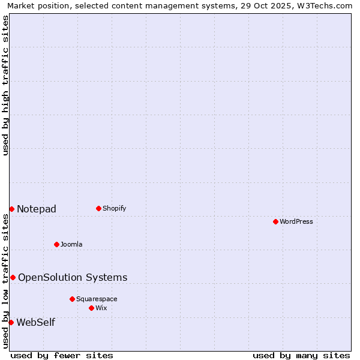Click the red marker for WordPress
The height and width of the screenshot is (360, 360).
[275, 221]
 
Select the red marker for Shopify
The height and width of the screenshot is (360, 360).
[98, 208]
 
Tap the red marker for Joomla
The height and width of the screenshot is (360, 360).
[56, 244]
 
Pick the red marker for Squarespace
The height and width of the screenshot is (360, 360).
[72, 299]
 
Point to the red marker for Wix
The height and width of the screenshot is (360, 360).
[91, 308]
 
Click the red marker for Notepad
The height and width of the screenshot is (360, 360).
[11, 209]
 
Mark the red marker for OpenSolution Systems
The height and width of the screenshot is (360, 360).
[13, 277]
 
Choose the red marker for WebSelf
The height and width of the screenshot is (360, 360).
[11, 322]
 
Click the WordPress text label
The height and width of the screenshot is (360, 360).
[296, 221]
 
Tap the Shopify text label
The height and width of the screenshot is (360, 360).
[115, 208]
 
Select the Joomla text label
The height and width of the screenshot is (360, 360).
[71, 244]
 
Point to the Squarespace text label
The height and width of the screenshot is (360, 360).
[97, 299]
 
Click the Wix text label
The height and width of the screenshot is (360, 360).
[101, 308]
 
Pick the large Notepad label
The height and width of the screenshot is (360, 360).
[37, 209]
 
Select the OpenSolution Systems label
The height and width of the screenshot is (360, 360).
[73, 277]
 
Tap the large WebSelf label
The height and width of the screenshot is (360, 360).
[36, 322]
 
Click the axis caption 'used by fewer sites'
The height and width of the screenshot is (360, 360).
[62, 355]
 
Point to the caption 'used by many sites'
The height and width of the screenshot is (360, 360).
[301, 355]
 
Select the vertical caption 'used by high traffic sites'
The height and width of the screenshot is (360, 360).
[5, 85]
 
